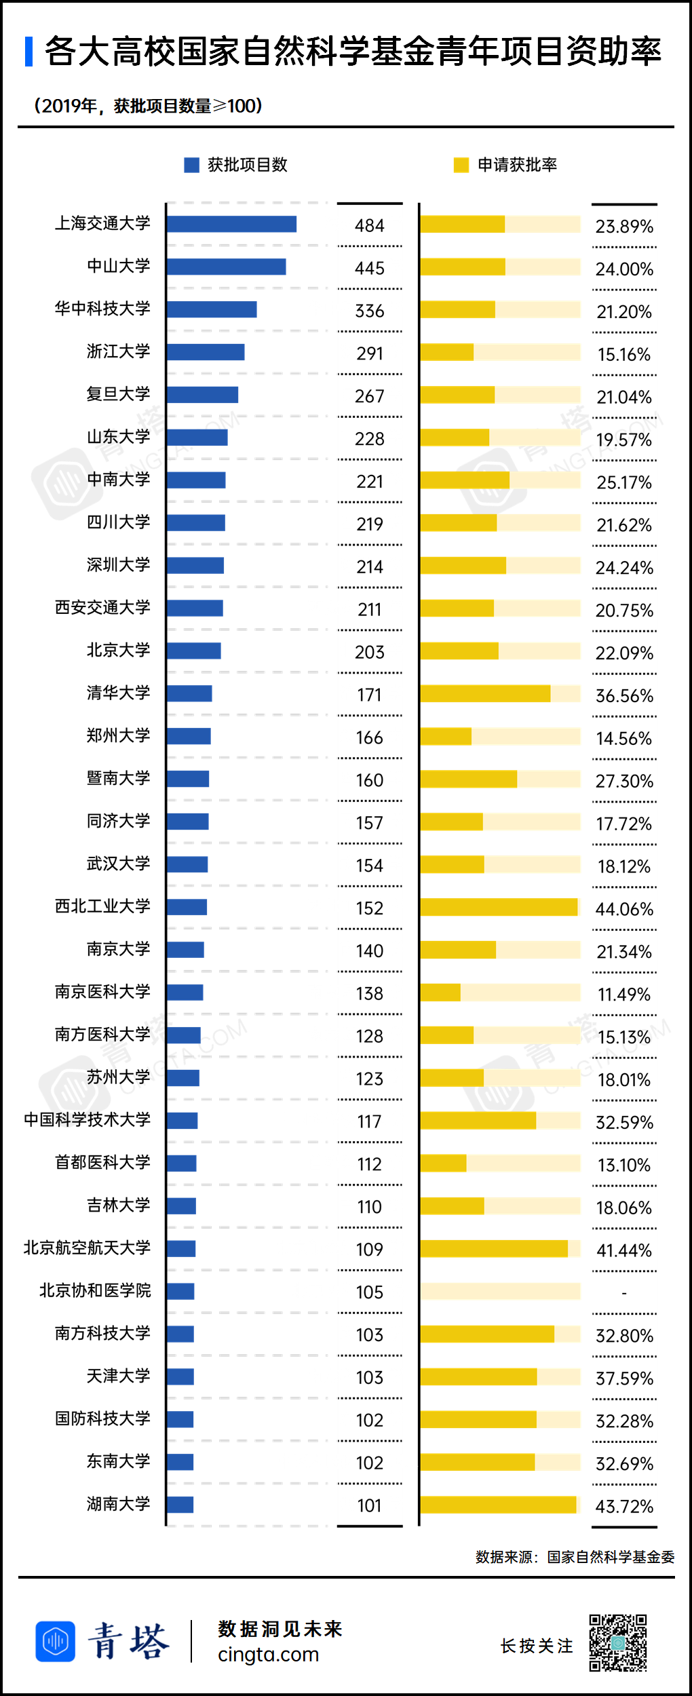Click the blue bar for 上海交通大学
[231, 224]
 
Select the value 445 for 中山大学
[370, 269]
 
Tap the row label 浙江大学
[118, 351]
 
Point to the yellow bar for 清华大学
[485, 693]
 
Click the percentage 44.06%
[624, 909]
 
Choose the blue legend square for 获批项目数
[191, 165]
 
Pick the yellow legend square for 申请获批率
[461, 165]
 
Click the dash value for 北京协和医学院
[624, 1293]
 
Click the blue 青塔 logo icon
[55, 1642]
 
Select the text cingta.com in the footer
[268, 1655]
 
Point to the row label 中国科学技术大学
[87, 1120]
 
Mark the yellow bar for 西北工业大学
[499, 907]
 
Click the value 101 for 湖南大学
[370, 1506]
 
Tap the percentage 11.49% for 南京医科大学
[624, 995]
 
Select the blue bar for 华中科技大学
[212, 309]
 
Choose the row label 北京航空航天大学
[87, 1248]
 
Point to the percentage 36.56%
[624, 696]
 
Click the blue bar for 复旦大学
[202, 395]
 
